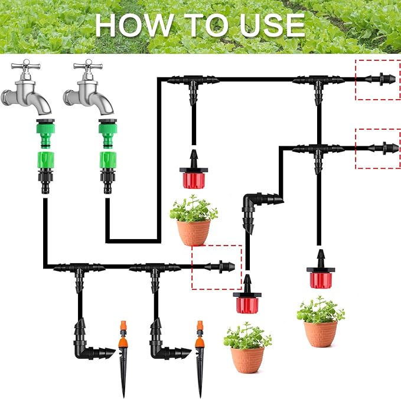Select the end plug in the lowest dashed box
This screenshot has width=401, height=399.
click(x=225, y=266)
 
